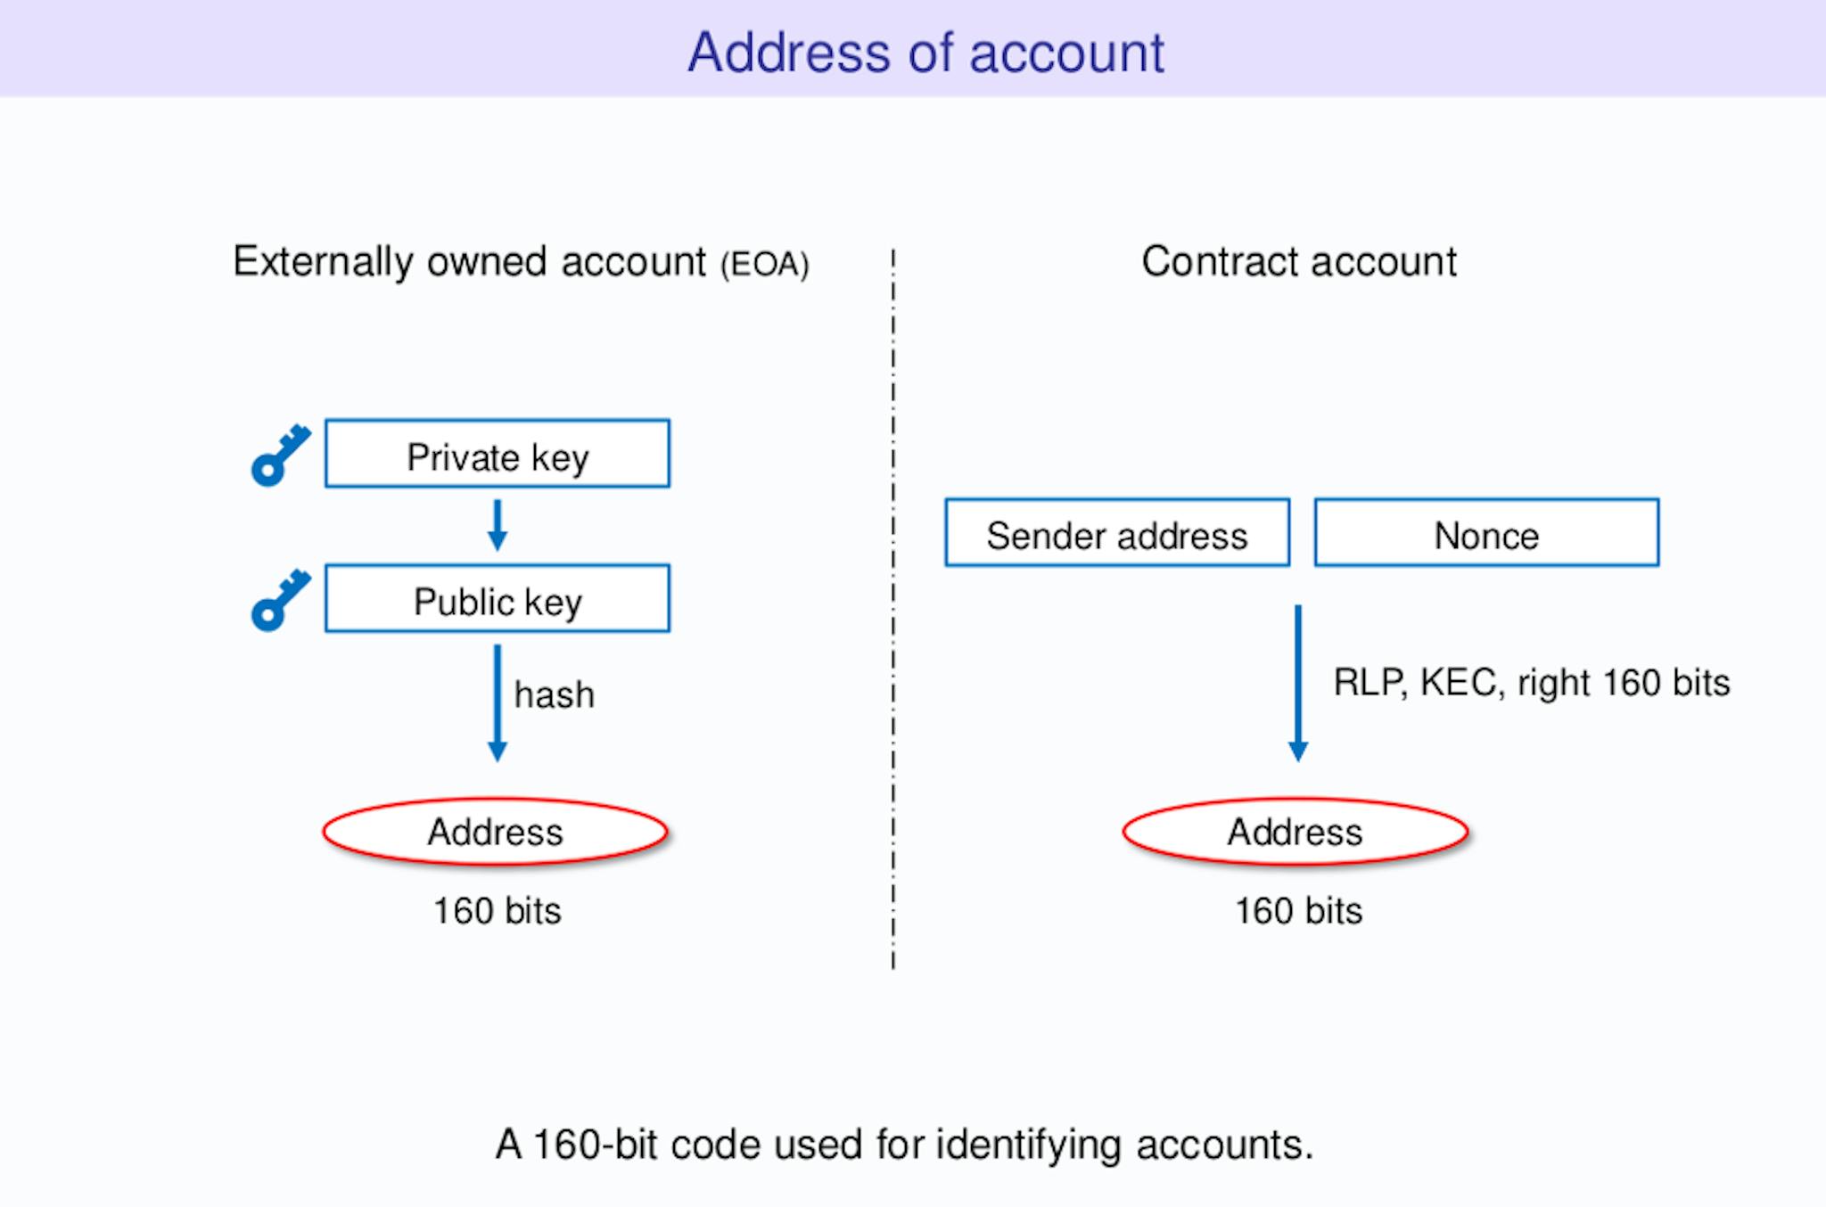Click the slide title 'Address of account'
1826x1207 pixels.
click(925, 52)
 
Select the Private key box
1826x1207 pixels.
click(498, 454)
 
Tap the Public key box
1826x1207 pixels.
click(498, 598)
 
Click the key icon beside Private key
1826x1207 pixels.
click(281, 456)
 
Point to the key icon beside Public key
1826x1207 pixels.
click(281, 600)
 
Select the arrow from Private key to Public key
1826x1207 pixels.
click(498, 525)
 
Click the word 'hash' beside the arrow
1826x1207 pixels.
click(554, 694)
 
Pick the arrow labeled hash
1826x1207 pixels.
click(498, 703)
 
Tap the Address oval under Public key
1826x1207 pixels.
click(496, 832)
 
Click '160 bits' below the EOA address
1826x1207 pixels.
click(498, 911)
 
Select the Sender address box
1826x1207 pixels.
click(1117, 532)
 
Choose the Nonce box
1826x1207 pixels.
click(1487, 532)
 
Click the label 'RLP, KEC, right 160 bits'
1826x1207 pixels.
click(1532, 683)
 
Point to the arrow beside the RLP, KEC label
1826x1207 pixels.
click(1298, 684)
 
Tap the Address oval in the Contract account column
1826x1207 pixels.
click(1295, 832)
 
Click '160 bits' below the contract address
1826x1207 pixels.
click(1299, 911)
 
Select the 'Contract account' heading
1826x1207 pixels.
click(1299, 261)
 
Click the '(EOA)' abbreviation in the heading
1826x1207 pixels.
click(765, 265)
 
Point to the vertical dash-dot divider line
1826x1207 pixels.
click(892, 609)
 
